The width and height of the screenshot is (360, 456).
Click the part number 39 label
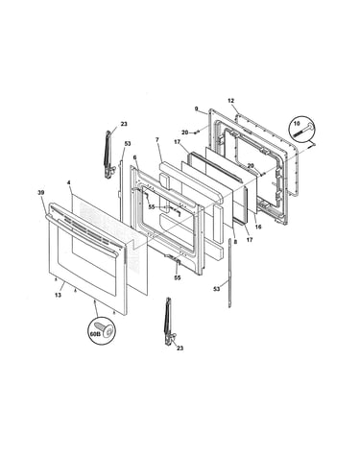(x=41, y=192)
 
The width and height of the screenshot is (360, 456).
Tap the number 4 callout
(x=68, y=182)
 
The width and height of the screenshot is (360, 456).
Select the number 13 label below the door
(x=58, y=295)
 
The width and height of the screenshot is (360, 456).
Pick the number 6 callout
(x=134, y=157)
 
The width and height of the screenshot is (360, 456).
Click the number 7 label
(x=156, y=140)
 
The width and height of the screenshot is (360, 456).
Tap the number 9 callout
(x=197, y=108)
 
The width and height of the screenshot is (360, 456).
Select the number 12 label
(x=231, y=101)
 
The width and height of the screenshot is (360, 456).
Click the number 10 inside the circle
(x=297, y=123)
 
